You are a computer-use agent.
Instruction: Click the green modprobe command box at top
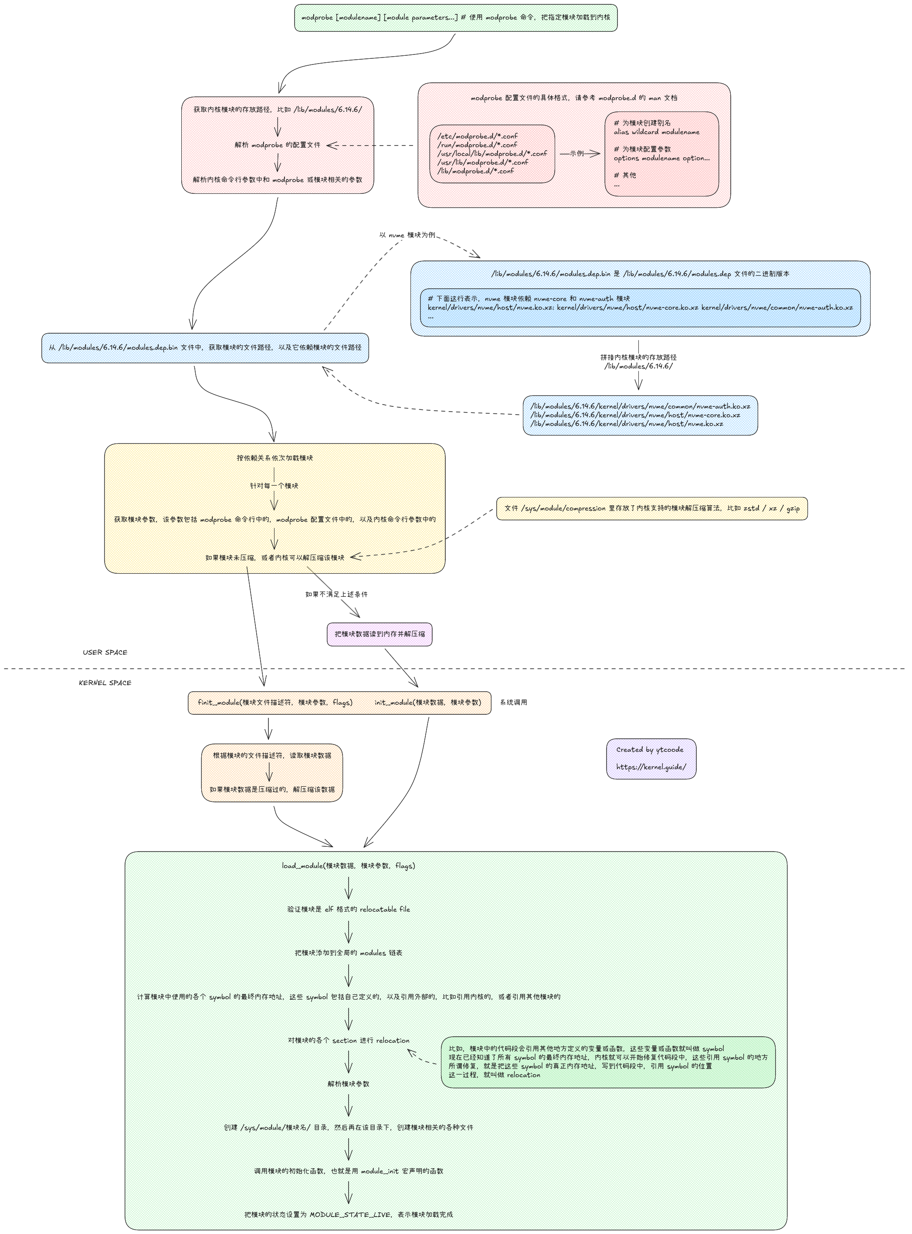pyautogui.click(x=455, y=18)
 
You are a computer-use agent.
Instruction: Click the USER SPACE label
pyautogui.click(x=105, y=652)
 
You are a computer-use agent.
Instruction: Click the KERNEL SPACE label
pyautogui.click(x=105, y=683)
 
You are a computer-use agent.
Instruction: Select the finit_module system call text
pyautogui.click(x=275, y=703)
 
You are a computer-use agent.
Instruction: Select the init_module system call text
pyautogui.click(x=427, y=703)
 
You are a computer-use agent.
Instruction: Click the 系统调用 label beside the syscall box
pyautogui.click(x=513, y=703)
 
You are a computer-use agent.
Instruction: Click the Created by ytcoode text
pyautogui.click(x=649, y=750)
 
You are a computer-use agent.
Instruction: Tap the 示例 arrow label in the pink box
pyautogui.click(x=576, y=153)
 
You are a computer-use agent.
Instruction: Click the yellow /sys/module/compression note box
pyautogui.click(x=651, y=508)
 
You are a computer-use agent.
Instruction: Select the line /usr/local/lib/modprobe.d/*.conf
pyautogui.click(x=492, y=154)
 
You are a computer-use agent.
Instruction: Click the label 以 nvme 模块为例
pyautogui.click(x=407, y=235)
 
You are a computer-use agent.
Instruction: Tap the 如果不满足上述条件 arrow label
pyautogui.click(x=336, y=595)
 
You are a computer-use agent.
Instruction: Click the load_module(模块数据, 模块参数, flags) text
pyautogui.click(x=348, y=865)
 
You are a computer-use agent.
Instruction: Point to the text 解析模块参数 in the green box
pyautogui.click(x=348, y=1084)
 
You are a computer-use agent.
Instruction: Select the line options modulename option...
pyautogui.click(x=661, y=159)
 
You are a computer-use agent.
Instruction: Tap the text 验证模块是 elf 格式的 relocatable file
pyautogui.click(x=348, y=909)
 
